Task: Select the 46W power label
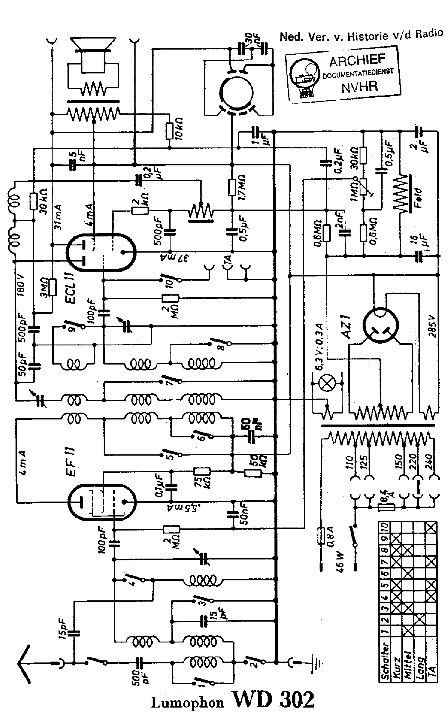pyautogui.click(x=340, y=562)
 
